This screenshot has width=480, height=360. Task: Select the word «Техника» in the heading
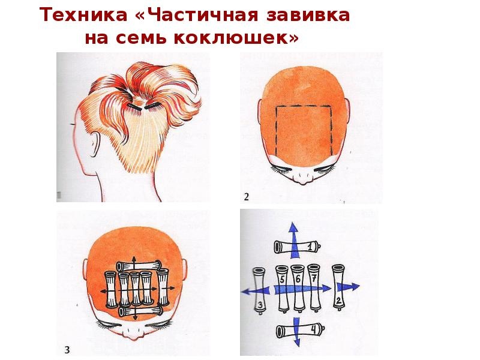pos(83,15)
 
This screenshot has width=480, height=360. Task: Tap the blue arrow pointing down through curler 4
pos(296,332)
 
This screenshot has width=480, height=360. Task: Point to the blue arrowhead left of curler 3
pos(247,291)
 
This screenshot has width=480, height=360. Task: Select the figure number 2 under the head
pos(247,197)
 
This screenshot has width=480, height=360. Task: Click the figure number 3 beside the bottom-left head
pos(67,350)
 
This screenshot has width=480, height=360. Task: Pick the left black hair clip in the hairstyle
pos(134,107)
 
